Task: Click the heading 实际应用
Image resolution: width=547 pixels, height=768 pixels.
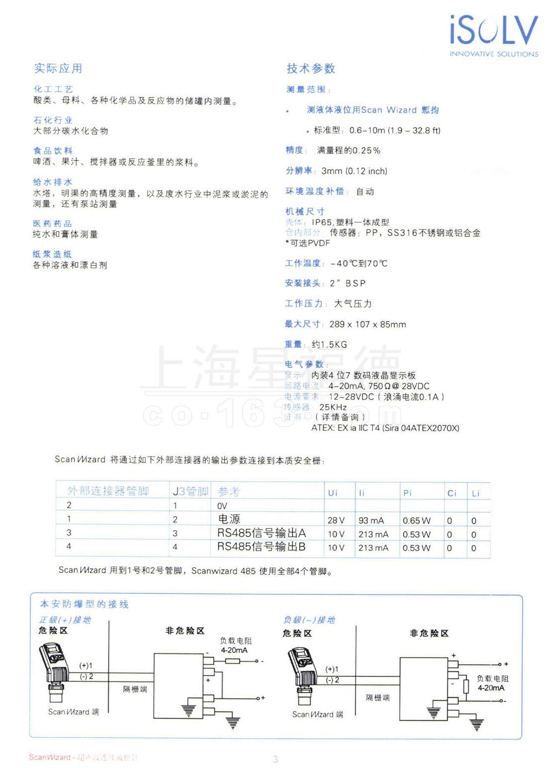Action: tap(58, 68)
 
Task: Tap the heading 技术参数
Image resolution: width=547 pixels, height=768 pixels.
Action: tap(311, 68)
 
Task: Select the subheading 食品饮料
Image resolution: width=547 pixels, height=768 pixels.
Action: tap(53, 150)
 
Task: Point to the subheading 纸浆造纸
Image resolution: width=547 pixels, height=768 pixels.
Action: tap(52, 254)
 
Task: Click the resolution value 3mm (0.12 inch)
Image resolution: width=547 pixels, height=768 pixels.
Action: tap(354, 171)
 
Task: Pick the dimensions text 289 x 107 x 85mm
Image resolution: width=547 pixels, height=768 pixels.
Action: tap(367, 324)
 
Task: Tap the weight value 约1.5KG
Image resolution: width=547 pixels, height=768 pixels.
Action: tap(329, 344)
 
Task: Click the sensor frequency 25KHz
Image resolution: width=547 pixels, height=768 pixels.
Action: tap(333, 407)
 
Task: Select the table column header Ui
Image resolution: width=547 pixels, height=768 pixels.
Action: tap(333, 493)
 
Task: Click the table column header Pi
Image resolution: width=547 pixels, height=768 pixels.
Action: tap(407, 493)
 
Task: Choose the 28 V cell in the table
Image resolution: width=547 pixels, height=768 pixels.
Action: tap(336, 520)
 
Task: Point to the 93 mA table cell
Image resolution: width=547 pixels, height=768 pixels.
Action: tap(371, 520)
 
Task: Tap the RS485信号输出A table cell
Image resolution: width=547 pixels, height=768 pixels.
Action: tap(262, 533)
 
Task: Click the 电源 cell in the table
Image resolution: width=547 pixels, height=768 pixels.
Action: tap(229, 519)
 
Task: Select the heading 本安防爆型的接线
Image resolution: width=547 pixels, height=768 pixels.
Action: tap(84, 604)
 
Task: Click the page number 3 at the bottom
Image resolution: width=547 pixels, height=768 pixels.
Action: tap(275, 759)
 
